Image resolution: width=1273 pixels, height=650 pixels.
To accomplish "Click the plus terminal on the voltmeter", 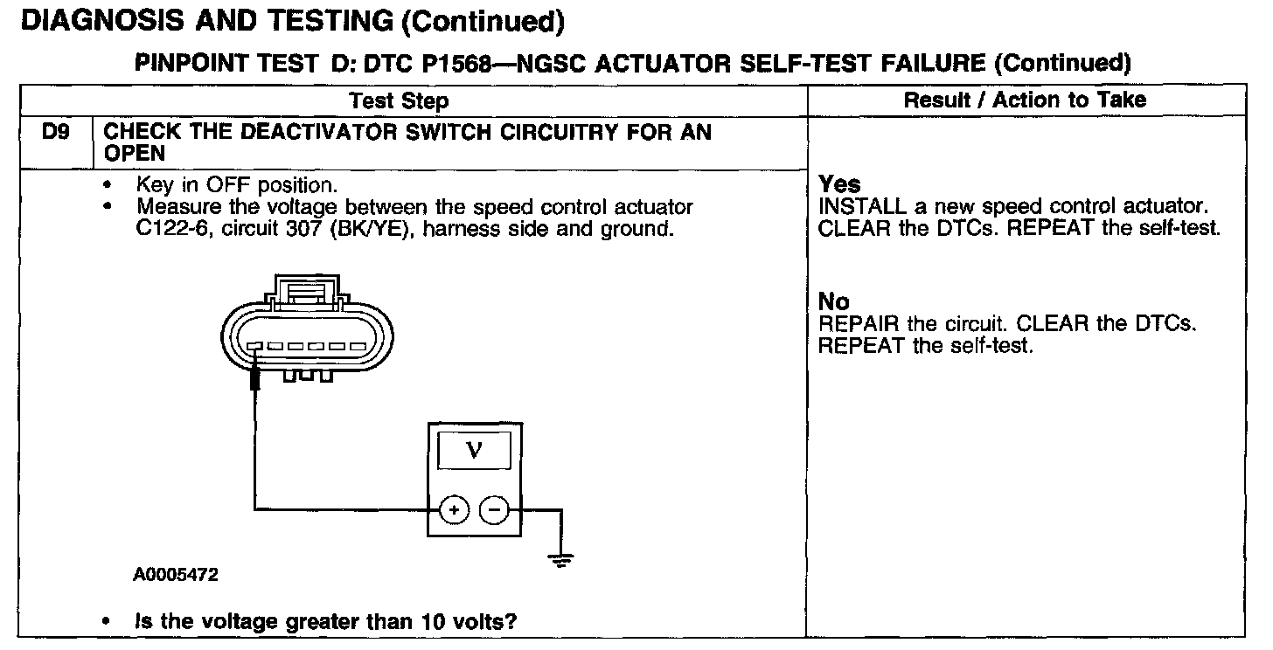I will [454, 508].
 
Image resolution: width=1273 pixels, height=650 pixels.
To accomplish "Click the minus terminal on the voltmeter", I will [495, 508].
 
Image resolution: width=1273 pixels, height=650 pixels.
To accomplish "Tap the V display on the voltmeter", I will [474, 450].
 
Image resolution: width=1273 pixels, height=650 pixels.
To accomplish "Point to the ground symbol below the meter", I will [560, 560].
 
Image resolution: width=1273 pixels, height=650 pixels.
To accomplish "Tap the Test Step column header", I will [399, 100].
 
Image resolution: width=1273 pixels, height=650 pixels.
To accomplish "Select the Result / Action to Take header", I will [1025, 100].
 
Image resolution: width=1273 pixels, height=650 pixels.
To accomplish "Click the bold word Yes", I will [839, 184].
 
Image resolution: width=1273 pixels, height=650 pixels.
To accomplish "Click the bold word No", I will [833, 301].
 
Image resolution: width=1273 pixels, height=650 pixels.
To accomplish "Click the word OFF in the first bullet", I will [225, 185].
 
